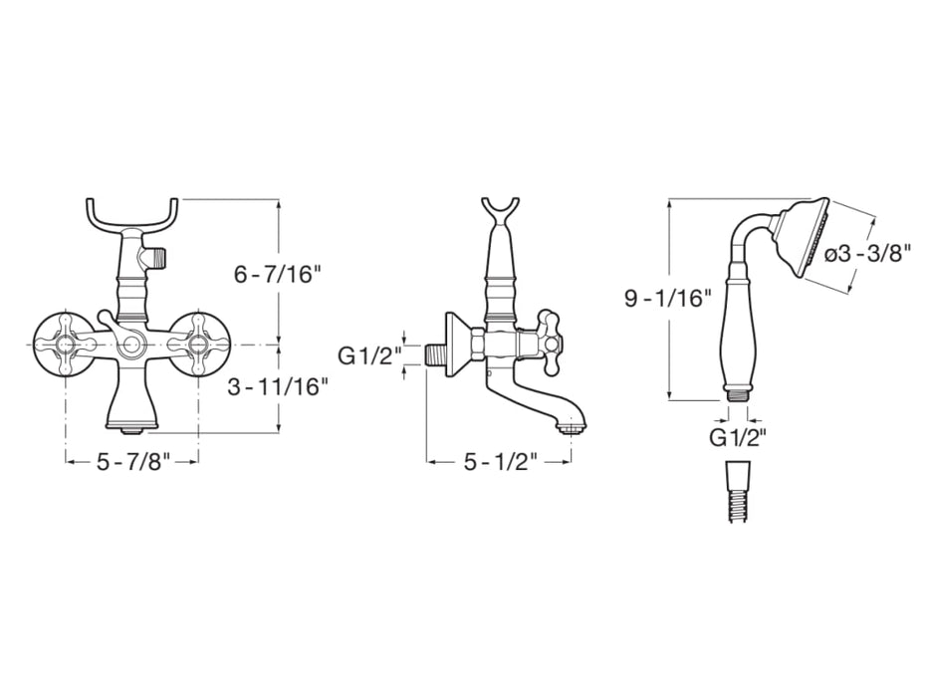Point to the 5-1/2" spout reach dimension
click(x=500, y=462)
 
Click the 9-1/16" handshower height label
click(x=668, y=297)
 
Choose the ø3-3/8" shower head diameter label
click(x=867, y=254)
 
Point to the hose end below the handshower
click(x=737, y=493)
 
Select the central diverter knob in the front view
click(x=131, y=344)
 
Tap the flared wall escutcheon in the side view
click(x=459, y=344)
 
